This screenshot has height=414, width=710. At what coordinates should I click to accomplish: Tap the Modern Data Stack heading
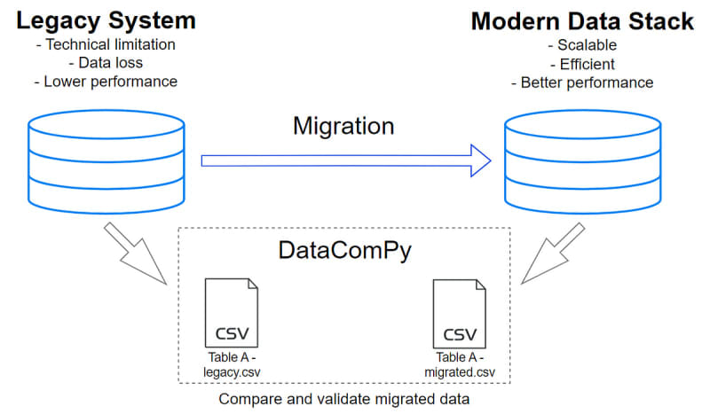[581, 21]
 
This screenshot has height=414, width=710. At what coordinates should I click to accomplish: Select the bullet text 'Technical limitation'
[106, 43]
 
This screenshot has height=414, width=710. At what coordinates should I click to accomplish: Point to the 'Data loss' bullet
[106, 63]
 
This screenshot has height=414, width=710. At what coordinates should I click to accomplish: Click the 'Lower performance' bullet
[106, 82]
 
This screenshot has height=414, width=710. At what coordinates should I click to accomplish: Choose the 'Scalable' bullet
[582, 43]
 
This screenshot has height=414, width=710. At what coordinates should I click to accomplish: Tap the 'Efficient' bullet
[582, 63]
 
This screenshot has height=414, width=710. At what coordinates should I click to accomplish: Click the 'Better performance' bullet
[582, 82]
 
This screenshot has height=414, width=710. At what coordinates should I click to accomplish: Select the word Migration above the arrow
[343, 126]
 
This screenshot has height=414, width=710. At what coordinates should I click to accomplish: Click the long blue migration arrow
[346, 160]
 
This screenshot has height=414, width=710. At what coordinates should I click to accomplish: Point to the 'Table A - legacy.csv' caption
[232, 364]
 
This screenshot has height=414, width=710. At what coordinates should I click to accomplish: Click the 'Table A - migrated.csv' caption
[460, 364]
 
